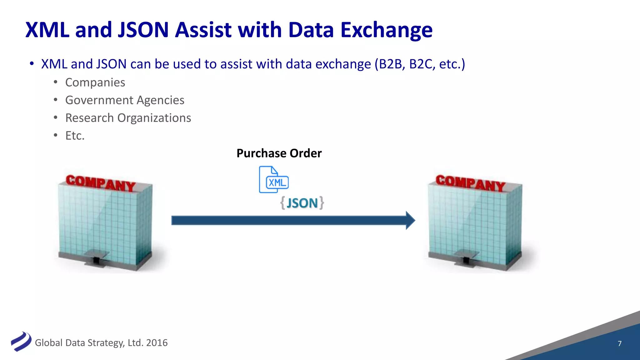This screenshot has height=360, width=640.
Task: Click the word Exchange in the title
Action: (x=386, y=30)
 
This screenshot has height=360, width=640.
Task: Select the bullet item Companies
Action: (x=95, y=82)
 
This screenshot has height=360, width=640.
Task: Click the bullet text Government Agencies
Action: (x=125, y=100)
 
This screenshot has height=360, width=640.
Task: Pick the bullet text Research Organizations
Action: (x=128, y=118)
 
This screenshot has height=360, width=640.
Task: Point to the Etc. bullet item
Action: (x=75, y=136)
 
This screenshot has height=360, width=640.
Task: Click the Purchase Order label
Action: (x=279, y=153)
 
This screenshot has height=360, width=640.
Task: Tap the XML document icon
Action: (x=273, y=180)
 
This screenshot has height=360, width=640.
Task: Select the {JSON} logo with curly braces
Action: (x=302, y=203)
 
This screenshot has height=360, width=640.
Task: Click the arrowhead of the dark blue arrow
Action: (x=410, y=220)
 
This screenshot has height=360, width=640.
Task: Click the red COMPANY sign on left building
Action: (x=101, y=183)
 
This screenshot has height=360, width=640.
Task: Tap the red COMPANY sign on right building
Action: (x=470, y=183)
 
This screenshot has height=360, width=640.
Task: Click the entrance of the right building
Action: (x=466, y=259)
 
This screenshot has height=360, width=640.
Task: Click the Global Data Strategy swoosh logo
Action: (x=21, y=342)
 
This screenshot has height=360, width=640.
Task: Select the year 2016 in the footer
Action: (x=157, y=343)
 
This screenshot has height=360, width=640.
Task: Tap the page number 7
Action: (x=619, y=343)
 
